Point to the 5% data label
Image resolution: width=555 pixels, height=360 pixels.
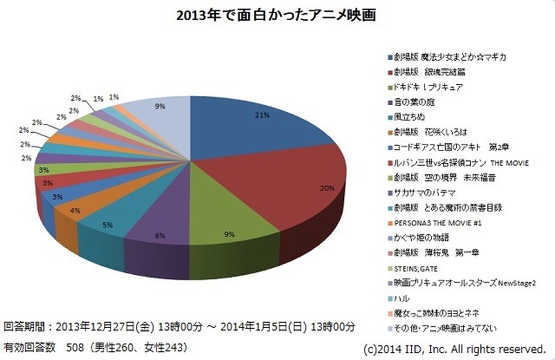[108, 226]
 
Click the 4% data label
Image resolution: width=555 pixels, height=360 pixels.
[75, 211]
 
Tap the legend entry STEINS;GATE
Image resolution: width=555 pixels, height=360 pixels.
[417, 266]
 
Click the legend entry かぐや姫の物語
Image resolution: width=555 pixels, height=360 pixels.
[421, 237]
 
